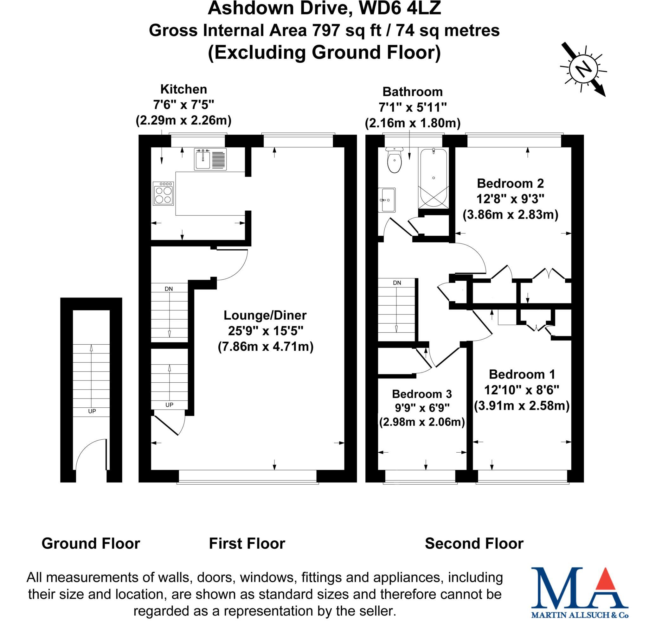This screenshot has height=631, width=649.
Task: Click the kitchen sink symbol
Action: [210, 159]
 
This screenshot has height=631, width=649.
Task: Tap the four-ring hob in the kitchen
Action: [164, 194]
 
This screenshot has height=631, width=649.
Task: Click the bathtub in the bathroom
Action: [433, 179]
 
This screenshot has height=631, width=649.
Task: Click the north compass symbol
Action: [583, 70]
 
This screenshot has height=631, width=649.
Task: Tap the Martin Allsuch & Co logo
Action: [580, 593]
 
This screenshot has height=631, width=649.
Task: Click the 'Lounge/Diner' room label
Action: [265, 315]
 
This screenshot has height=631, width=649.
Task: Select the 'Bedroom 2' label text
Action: [510, 183]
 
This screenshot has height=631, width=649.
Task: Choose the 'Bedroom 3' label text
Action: [421, 394]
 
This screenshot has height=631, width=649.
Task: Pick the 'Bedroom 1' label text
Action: [522, 374]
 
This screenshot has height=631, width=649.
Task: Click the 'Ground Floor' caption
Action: [91, 544]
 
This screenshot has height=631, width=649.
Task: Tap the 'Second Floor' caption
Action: [474, 544]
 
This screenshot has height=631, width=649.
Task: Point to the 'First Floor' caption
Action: [247, 544]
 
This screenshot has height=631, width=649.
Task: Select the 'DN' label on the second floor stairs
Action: [397, 283]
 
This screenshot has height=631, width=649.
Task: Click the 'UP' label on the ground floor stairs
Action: [92, 411]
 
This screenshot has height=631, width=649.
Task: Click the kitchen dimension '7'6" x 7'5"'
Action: [183, 105]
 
